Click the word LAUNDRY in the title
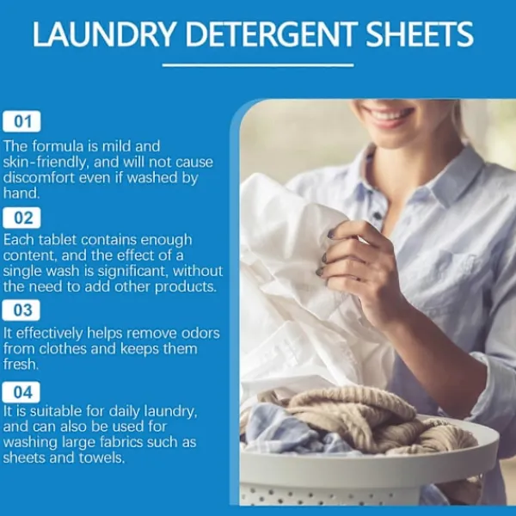[x=103, y=34]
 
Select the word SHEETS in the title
[x=420, y=34]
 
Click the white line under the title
[x=258, y=65]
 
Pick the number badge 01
[x=21, y=121]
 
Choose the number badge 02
[x=21, y=218]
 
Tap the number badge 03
[x=21, y=310]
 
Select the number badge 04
[x=21, y=392]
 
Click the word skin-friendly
[x=46, y=162]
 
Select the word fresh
[x=21, y=364]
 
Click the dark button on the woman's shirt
[x=378, y=216]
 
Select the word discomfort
[x=40, y=178]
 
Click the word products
[x=186, y=287]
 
